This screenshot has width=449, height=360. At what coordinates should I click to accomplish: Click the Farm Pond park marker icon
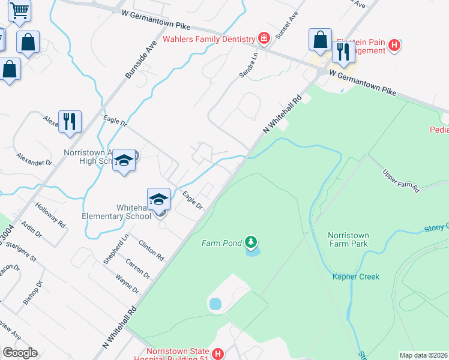click(251, 242)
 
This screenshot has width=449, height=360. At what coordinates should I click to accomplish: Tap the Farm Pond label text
click(221, 243)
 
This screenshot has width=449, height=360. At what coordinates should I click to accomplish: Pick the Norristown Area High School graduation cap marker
click(124, 160)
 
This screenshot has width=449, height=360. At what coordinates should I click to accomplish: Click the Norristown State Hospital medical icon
click(218, 354)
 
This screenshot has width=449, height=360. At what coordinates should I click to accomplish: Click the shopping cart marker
click(20, 10)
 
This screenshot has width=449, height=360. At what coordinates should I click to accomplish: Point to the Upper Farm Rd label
click(401, 181)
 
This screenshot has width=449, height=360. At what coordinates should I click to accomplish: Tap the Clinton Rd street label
click(151, 250)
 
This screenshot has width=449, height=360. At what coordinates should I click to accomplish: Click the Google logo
click(20, 353)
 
